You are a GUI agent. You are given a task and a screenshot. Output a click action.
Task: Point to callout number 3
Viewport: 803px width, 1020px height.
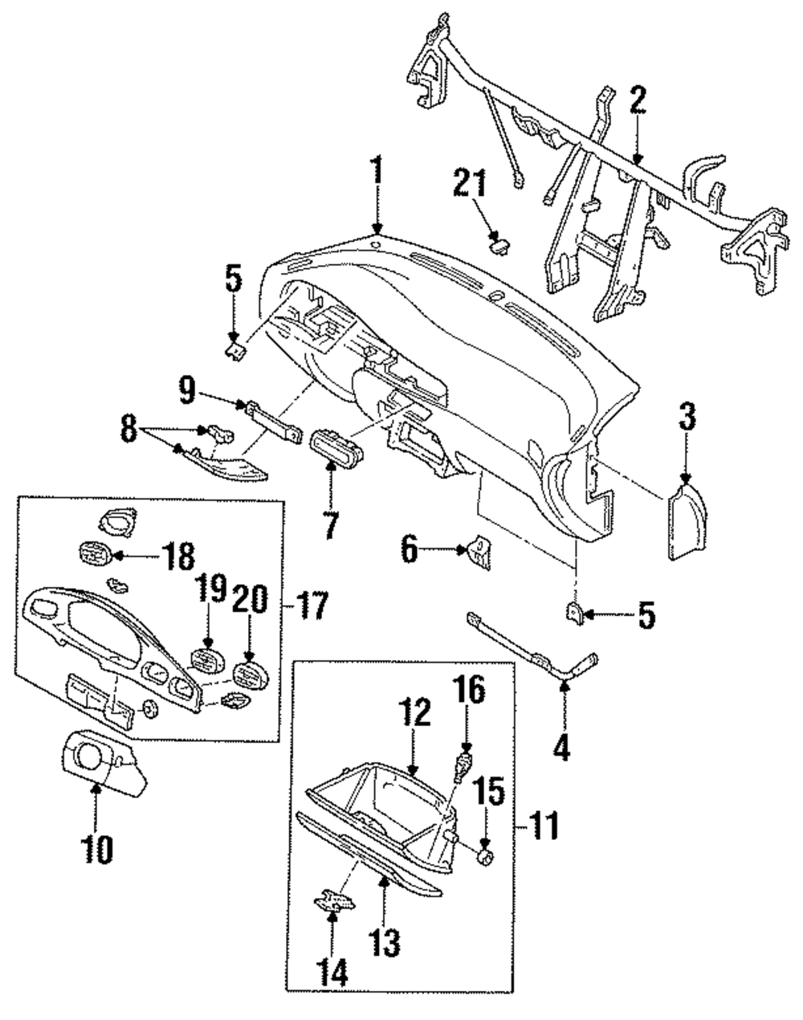[687, 417]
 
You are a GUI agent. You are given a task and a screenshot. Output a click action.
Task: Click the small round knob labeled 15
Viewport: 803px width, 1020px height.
[484, 857]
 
